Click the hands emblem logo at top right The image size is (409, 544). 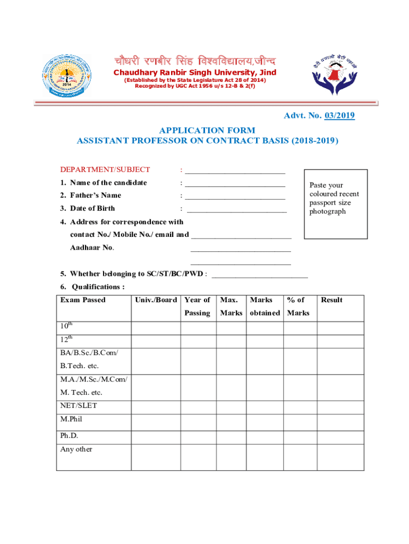click(x=335, y=75)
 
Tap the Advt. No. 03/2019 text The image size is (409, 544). click(x=319, y=116)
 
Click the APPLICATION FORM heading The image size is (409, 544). click(x=207, y=130)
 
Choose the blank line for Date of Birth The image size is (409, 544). click(x=236, y=211)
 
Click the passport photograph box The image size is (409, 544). click(x=335, y=204)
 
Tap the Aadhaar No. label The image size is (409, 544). click(x=92, y=248)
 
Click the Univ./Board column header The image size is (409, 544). click(x=156, y=300)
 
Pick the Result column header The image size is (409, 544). click(x=331, y=300)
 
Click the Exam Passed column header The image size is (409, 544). click(x=83, y=300)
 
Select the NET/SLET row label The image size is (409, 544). click(x=79, y=406)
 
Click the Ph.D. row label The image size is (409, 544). click(x=69, y=436)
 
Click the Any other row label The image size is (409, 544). click(x=76, y=449)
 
